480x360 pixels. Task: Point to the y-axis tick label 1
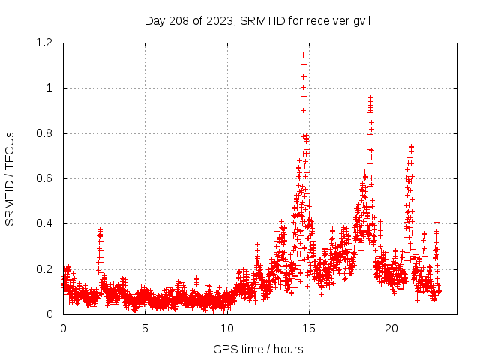[x=49, y=88]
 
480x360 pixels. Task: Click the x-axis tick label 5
[x=145, y=328]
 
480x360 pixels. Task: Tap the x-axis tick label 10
[x=227, y=328]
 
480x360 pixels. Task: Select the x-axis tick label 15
[x=309, y=328]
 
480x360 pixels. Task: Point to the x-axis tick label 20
[x=391, y=328]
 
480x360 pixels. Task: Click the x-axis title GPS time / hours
[x=257, y=349]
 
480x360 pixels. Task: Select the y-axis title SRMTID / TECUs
[x=10, y=178]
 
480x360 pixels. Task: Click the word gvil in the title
[x=361, y=20]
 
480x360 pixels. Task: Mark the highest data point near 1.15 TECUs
[x=303, y=55]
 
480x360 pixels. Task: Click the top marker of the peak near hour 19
[x=370, y=97]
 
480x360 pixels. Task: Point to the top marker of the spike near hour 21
[x=411, y=146]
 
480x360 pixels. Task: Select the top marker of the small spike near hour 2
[x=100, y=230]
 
